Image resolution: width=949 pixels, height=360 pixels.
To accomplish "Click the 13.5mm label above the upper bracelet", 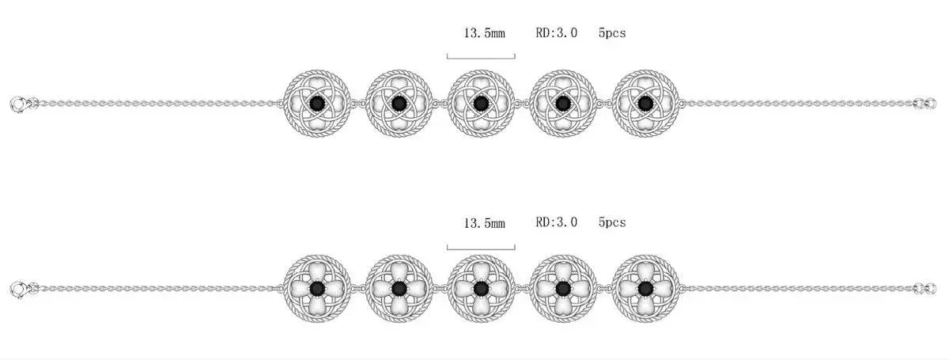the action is tap(485, 33).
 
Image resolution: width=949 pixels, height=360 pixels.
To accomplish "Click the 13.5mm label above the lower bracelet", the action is tap(485, 223).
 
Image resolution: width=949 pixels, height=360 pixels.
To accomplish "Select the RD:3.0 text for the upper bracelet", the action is tap(556, 32).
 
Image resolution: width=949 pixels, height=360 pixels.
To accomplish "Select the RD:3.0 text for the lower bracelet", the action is tap(556, 222).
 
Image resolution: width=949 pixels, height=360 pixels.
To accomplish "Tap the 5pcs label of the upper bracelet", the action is tap(612, 33).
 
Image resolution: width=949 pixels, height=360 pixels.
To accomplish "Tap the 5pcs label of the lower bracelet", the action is tap(612, 222).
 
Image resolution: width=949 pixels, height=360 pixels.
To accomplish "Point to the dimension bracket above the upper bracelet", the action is tap(481, 58).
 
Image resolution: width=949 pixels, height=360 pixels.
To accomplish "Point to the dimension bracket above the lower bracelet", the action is tap(481, 249).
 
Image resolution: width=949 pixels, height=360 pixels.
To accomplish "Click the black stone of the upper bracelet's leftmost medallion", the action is tap(317, 103).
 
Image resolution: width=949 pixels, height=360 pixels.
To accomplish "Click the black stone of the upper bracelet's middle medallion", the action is tap(481, 103).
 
